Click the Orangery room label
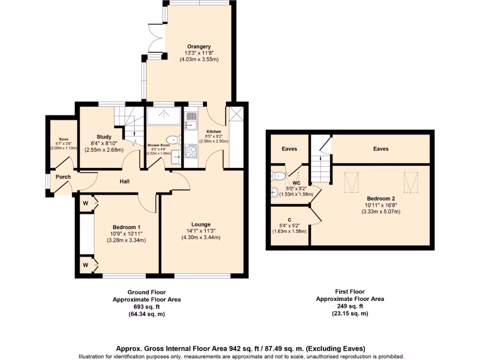(x=199, y=46)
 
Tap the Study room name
(x=104, y=137)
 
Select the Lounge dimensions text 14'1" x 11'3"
(x=201, y=231)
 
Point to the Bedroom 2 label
(x=381, y=198)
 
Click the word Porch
(x=63, y=177)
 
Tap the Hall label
(x=124, y=181)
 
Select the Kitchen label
(x=213, y=132)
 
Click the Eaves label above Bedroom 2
(x=381, y=149)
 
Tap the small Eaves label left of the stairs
(x=289, y=149)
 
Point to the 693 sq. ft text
(x=146, y=307)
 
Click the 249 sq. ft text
(x=350, y=306)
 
